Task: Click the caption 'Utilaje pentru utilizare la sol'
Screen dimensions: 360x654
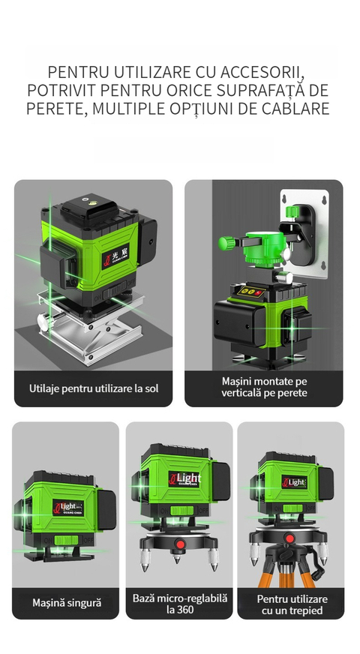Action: pyautogui.click(x=94, y=388)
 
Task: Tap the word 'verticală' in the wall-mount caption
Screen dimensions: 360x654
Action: pyautogui.click(x=241, y=392)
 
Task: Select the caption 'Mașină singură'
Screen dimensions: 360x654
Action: pyautogui.click(x=67, y=603)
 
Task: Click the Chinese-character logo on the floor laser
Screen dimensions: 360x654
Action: pyautogui.click(x=116, y=256)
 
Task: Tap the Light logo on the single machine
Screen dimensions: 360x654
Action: pyautogui.click(x=67, y=508)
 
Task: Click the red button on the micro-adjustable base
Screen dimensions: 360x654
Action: pyautogui.click(x=180, y=544)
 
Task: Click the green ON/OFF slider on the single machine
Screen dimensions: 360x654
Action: pyautogui.click(x=66, y=541)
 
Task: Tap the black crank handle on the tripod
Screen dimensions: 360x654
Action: pyautogui.click(x=318, y=568)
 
